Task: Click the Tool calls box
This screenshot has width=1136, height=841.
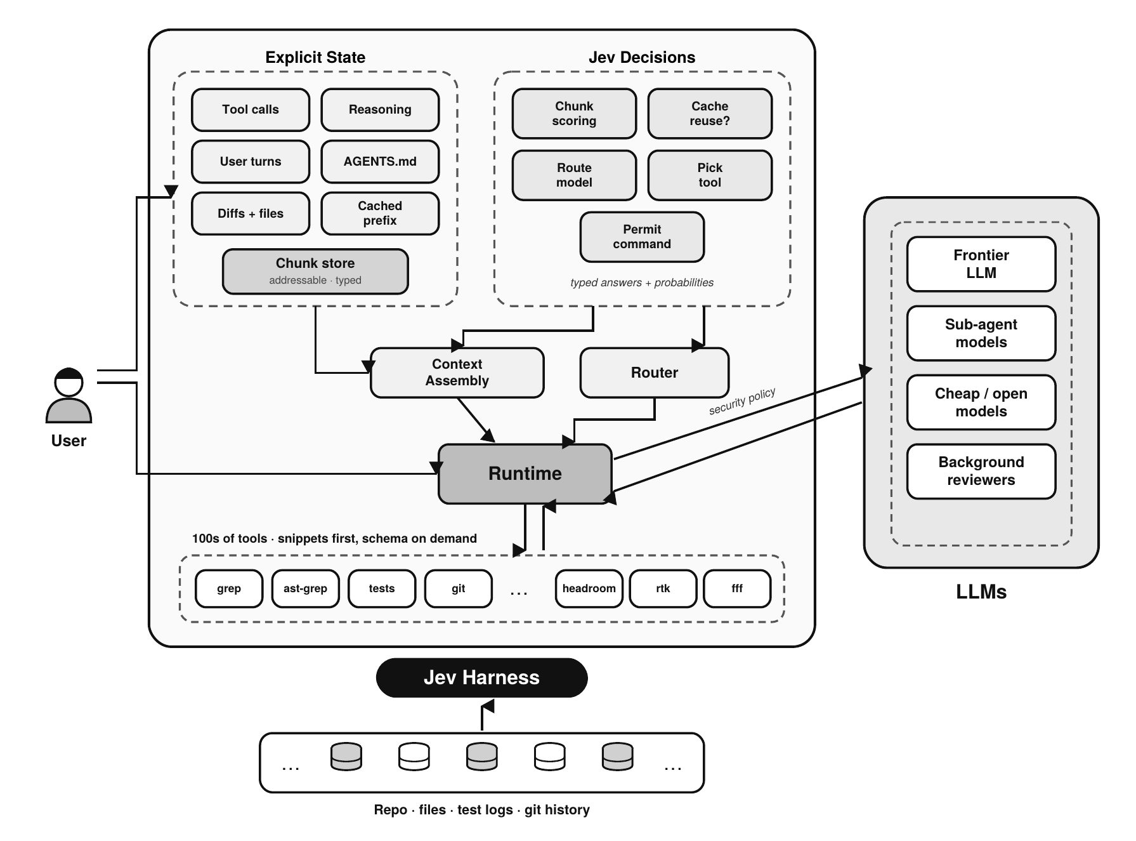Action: pyautogui.click(x=251, y=110)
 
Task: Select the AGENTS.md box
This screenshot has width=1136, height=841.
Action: pyautogui.click(x=380, y=162)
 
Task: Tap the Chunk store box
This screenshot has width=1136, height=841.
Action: pyautogui.click(x=315, y=272)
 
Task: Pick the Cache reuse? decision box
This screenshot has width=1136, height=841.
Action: pyautogui.click(x=710, y=114)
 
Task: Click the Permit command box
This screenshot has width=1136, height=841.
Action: pyautogui.click(x=642, y=237)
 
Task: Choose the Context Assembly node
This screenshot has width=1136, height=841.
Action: pyautogui.click(x=457, y=373)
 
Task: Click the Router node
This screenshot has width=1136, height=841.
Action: pyautogui.click(x=655, y=373)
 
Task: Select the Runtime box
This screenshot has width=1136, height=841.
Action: pyautogui.click(x=525, y=474)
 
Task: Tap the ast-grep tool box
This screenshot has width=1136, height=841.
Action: pyautogui.click(x=305, y=589)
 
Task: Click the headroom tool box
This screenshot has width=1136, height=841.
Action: pyautogui.click(x=589, y=589)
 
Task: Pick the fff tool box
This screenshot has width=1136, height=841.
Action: pyautogui.click(x=737, y=589)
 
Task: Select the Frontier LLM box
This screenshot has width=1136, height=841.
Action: pyautogui.click(x=981, y=264)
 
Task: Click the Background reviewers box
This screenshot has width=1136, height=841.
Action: pyautogui.click(x=981, y=472)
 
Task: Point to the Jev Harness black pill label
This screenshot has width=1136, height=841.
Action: pyautogui.click(x=482, y=678)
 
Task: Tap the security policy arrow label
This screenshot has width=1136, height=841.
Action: pyautogui.click(x=742, y=401)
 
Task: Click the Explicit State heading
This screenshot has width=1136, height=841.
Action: pyautogui.click(x=315, y=57)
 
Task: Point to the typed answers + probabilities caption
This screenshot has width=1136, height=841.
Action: pyautogui.click(x=642, y=282)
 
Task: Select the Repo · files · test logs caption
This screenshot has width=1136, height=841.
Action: pyautogui.click(x=443, y=810)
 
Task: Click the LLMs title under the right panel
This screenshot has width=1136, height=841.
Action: pyautogui.click(x=981, y=592)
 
